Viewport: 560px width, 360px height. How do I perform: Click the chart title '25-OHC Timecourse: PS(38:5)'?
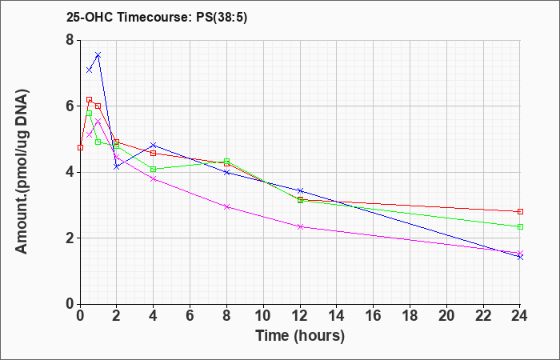pos(157,18)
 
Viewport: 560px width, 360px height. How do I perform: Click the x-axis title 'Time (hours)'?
pos(300,336)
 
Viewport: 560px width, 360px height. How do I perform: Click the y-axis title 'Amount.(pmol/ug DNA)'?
pos(22,171)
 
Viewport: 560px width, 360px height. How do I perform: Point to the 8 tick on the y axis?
pos(70,40)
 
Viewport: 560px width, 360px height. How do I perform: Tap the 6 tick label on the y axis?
pos(70,106)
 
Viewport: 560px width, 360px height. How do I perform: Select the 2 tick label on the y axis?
pos(70,238)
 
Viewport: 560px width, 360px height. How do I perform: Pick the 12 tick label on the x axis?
pos(300,316)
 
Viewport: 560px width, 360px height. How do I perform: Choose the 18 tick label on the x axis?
pos(410,316)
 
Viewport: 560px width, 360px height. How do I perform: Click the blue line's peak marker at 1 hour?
pos(98,55)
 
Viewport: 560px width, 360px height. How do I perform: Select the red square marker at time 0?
pos(80,147)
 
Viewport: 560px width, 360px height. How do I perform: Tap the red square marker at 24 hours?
pos(520,212)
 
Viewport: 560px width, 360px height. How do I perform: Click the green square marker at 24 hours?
pos(520,226)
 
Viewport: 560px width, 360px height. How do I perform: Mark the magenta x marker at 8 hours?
pos(226,206)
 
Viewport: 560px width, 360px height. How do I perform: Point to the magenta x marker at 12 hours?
pos(300,226)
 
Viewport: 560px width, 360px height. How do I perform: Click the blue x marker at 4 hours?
pos(154,145)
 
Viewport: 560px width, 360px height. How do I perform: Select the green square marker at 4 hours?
pos(154,170)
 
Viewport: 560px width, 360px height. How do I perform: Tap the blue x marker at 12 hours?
pos(300,190)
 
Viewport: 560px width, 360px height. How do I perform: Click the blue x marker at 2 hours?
pos(117,166)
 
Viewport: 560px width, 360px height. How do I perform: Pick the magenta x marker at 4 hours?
pos(154,179)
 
